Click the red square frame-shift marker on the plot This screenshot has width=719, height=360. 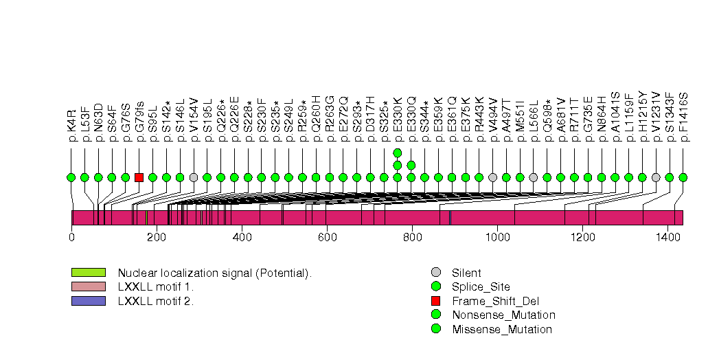pyautogui.click(x=139, y=177)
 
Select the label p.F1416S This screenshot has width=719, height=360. pyautogui.click(x=683, y=117)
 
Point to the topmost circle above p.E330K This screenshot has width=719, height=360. pyautogui.click(x=397, y=153)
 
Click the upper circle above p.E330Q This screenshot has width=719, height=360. pyautogui.click(x=411, y=165)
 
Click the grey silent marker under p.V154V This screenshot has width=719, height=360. pyautogui.click(x=194, y=177)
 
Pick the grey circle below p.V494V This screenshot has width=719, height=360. pyautogui.click(x=492, y=177)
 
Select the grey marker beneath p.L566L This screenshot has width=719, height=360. pyautogui.click(x=534, y=177)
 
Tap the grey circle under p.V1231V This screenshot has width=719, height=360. pyautogui.click(x=656, y=177)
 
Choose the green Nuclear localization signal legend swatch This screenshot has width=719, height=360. pyautogui.click(x=88, y=273)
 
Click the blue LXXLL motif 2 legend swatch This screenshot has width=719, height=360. pyautogui.click(x=88, y=300)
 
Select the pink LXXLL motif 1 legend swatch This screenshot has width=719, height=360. pyautogui.click(x=88, y=286)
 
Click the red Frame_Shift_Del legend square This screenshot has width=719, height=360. pyautogui.click(x=436, y=301)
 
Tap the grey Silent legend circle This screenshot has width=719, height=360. pyautogui.click(x=436, y=273)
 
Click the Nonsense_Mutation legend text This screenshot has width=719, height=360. pyautogui.click(x=503, y=315)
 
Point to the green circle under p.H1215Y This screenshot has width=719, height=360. pyautogui.click(x=642, y=177)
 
